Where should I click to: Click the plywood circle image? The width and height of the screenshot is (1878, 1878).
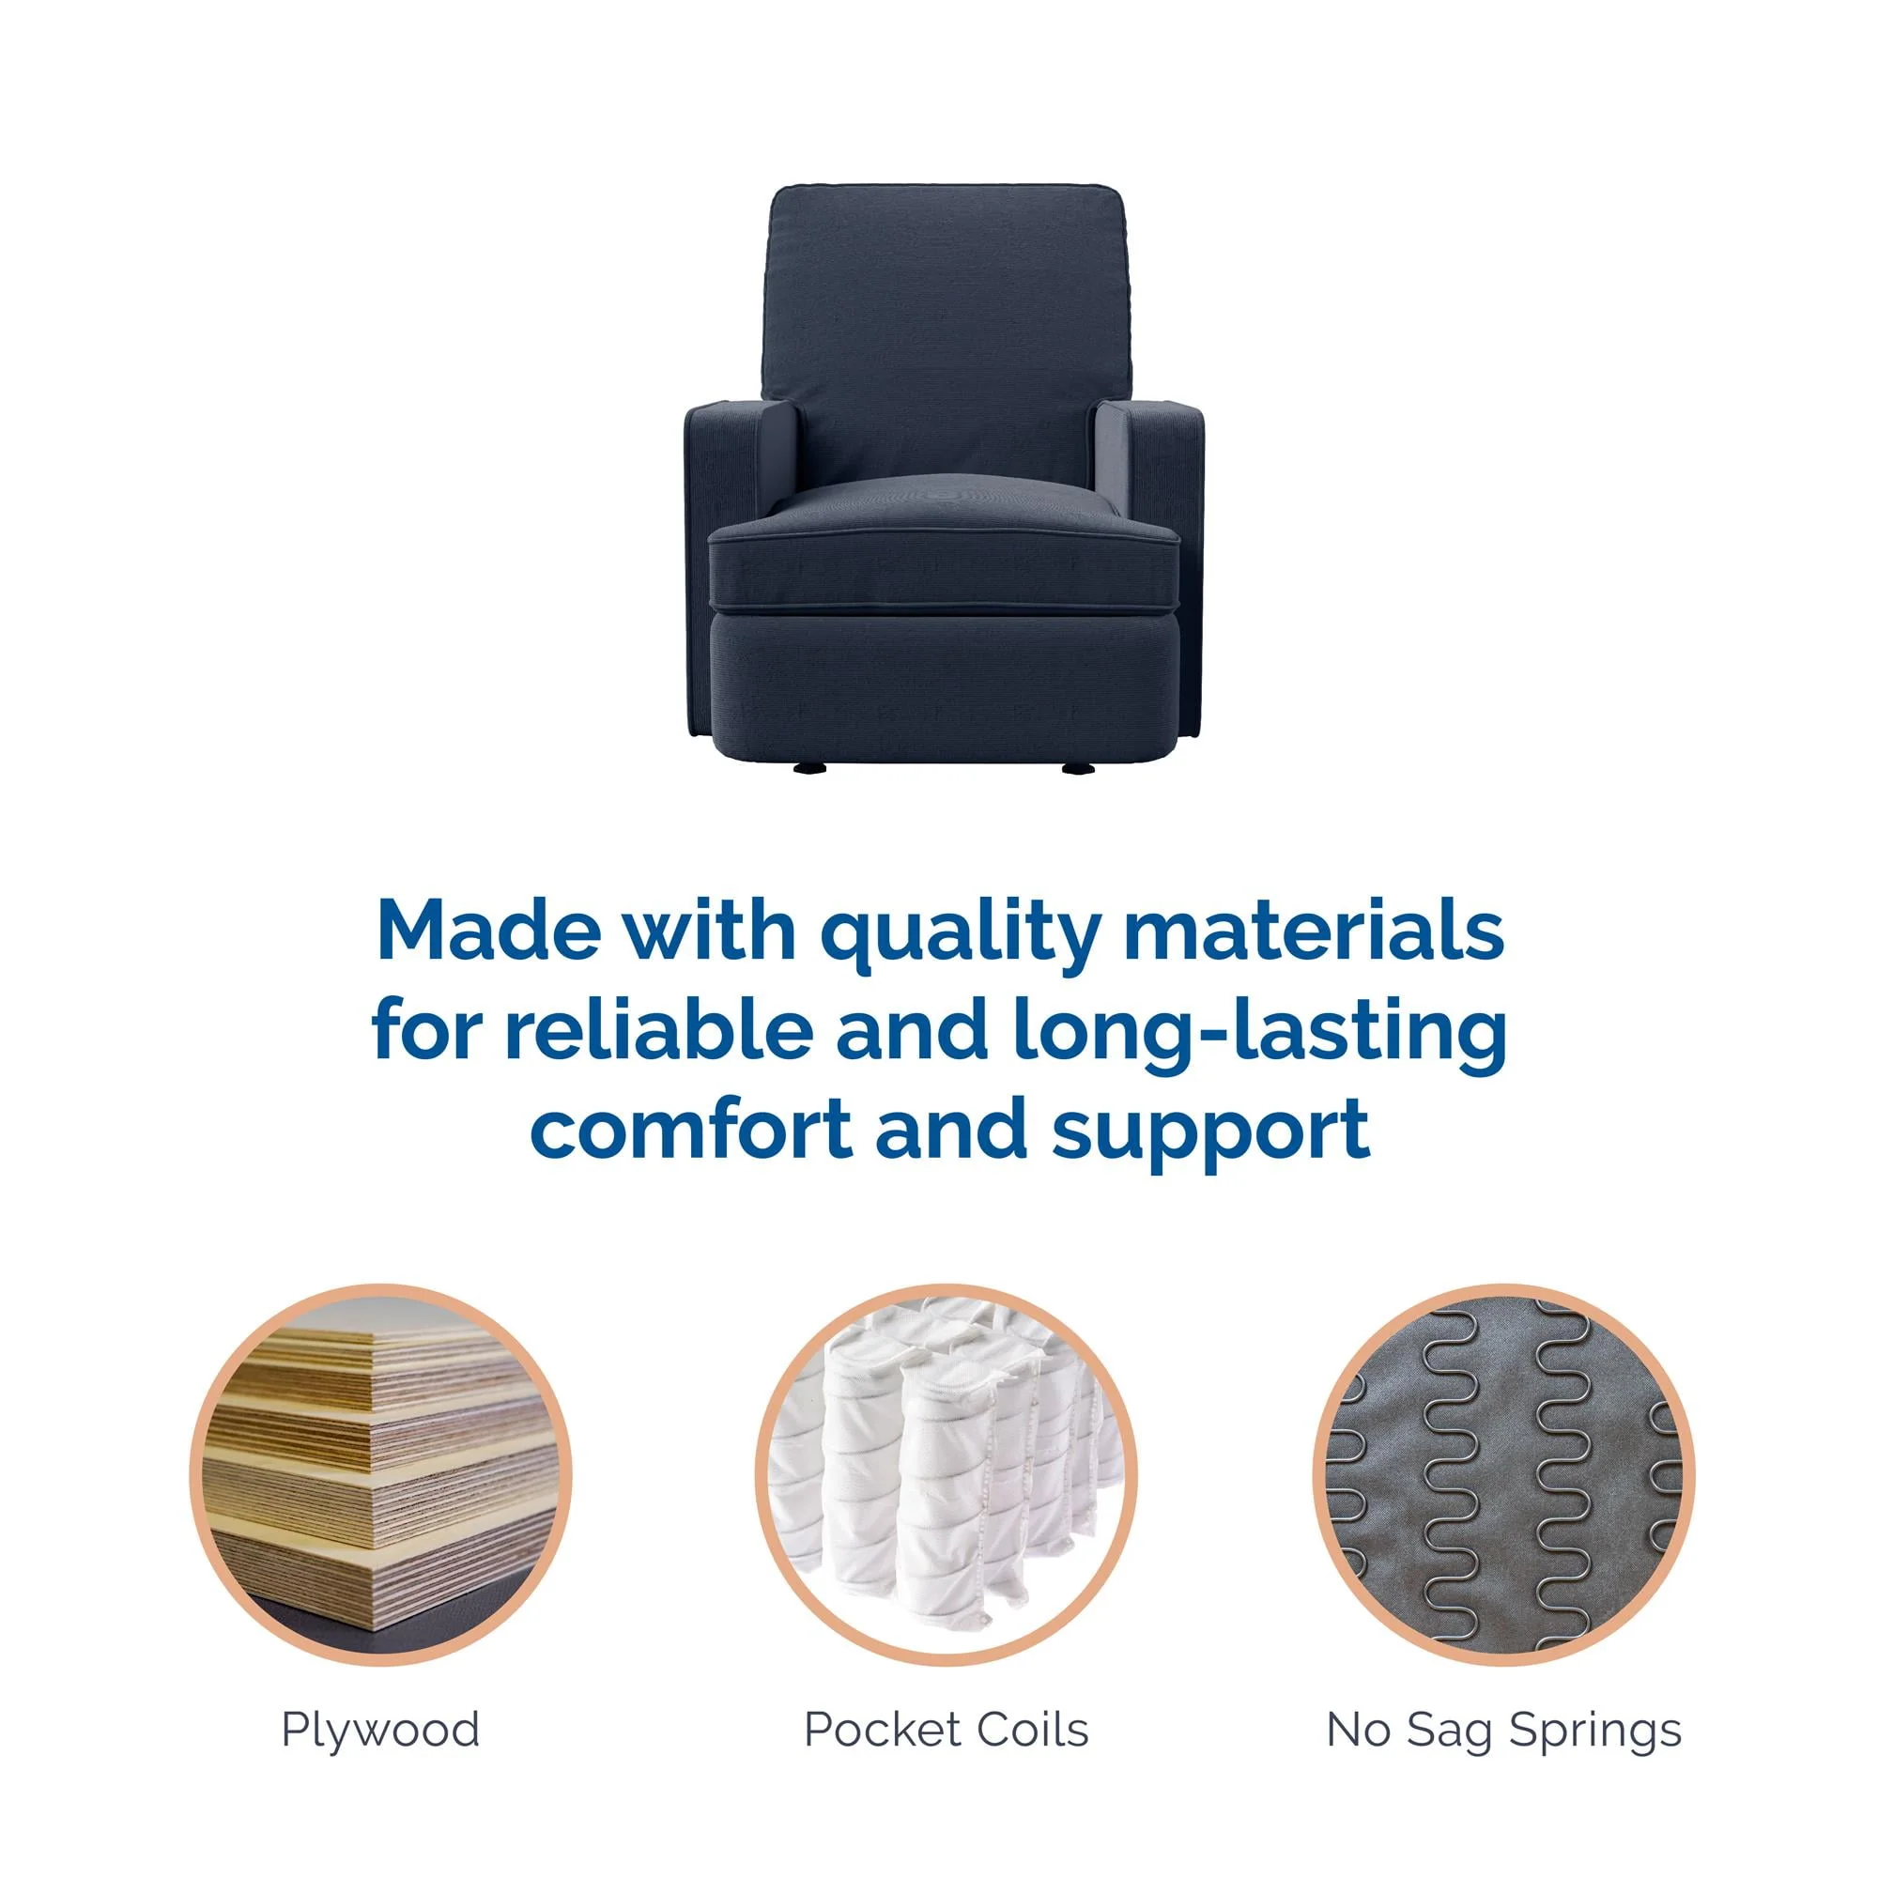tap(380, 1474)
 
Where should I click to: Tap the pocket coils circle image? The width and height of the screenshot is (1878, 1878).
tap(946, 1474)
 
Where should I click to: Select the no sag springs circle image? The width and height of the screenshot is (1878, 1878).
tap(1503, 1474)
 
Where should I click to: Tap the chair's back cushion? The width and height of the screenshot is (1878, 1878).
tap(944, 331)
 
